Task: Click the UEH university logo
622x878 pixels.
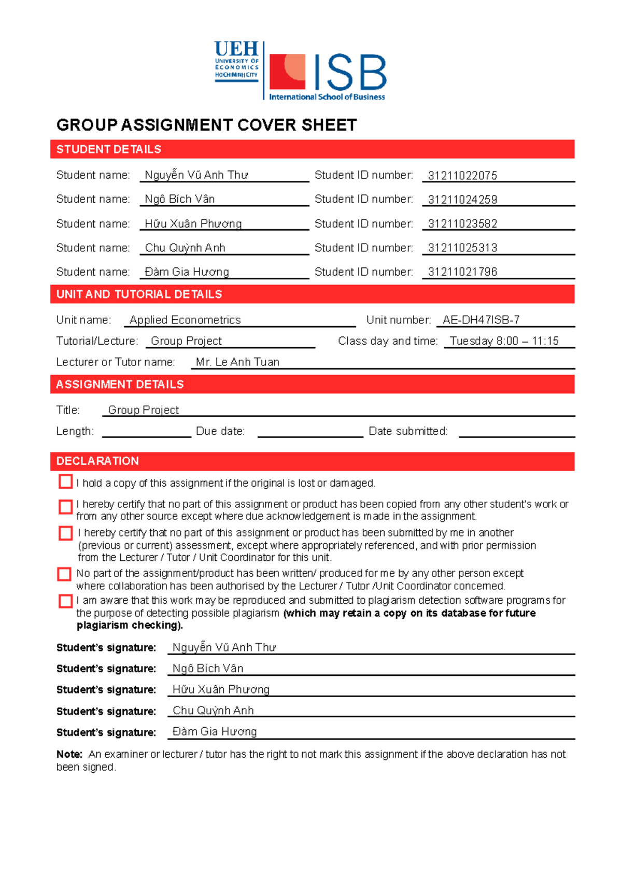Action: coord(236,61)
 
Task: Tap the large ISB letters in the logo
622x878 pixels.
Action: coord(350,73)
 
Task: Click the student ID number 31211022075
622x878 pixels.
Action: coord(462,176)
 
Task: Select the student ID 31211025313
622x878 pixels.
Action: coord(462,248)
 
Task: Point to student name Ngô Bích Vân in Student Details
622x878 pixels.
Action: coord(179,199)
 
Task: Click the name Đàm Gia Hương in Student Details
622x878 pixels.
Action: coord(187,272)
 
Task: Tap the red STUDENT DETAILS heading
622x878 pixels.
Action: coord(109,149)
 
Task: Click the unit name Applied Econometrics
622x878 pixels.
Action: coord(185,320)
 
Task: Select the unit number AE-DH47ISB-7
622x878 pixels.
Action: coord(480,320)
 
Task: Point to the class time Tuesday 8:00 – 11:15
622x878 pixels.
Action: coord(504,341)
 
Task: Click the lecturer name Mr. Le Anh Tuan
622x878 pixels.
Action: coord(237,362)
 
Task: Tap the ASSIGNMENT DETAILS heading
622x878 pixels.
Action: coord(120,385)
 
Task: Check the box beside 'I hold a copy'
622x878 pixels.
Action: coord(66,482)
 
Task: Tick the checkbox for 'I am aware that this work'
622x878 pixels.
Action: coord(66,601)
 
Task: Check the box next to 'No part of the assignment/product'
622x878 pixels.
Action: coord(64,574)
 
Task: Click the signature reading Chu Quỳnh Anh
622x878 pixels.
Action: coord(213,711)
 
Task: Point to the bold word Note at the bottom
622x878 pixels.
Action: coord(69,754)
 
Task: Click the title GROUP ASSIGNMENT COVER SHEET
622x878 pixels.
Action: coord(206,125)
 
